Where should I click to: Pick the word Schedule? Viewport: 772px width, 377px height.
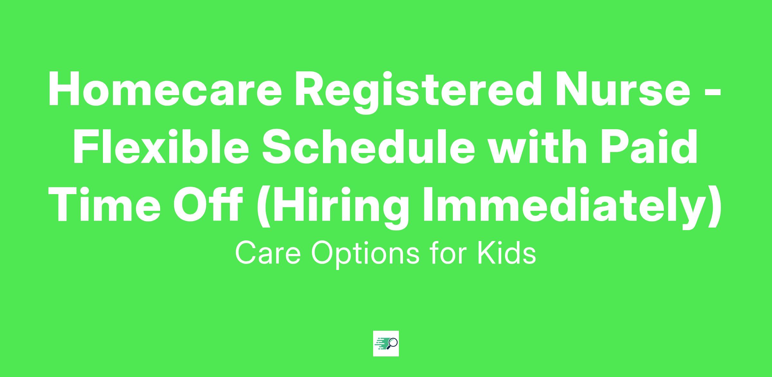tap(368, 146)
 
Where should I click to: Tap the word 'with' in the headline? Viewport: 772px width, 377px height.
tap(540, 146)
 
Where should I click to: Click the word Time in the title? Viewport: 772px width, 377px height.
tap(104, 204)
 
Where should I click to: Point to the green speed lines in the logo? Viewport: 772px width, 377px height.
tap(381, 343)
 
